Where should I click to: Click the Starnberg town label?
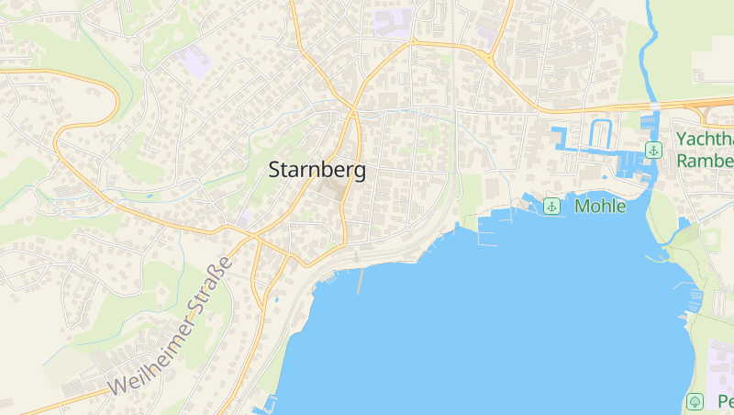[x=317, y=170]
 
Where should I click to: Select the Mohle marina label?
[x=600, y=206]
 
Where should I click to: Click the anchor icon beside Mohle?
[x=552, y=206]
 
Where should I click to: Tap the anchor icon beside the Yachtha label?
[x=653, y=150]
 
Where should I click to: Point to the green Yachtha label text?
[x=705, y=139]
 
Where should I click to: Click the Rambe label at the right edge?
[x=705, y=160]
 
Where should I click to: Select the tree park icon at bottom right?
[x=695, y=401]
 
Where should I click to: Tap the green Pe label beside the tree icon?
[x=724, y=401]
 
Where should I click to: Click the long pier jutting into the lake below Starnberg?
[x=360, y=280]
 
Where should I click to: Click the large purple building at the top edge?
[x=392, y=21]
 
